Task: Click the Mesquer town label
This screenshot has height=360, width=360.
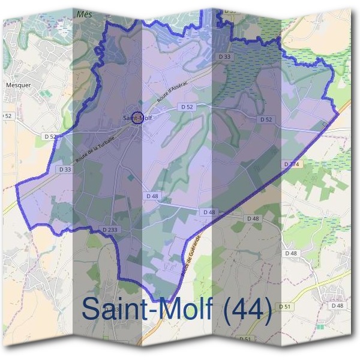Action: [18, 85]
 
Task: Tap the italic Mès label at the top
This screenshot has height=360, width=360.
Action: [85, 13]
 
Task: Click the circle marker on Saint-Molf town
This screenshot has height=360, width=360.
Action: [137, 116]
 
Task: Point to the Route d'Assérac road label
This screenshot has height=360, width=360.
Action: [173, 91]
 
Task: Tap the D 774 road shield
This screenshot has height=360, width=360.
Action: [290, 164]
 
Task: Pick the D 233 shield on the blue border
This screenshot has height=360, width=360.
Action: [109, 229]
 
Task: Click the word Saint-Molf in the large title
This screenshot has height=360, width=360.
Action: [153, 309]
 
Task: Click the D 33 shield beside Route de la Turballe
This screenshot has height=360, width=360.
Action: [65, 170]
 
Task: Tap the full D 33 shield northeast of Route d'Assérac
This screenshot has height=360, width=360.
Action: [225, 56]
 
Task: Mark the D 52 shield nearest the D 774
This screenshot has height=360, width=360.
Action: [266, 119]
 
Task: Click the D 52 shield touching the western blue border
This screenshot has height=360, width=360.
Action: [50, 137]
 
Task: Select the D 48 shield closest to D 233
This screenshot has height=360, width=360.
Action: [152, 196]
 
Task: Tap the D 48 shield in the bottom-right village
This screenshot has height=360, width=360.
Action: [337, 305]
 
